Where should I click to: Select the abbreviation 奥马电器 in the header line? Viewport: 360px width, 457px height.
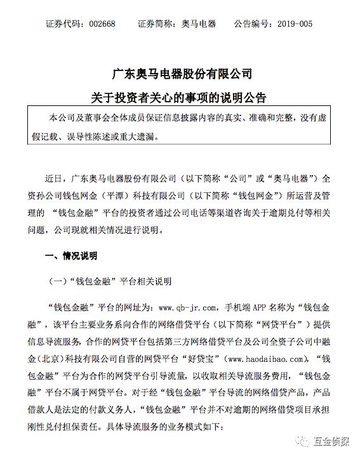coord(198,24)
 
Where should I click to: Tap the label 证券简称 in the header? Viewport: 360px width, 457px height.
coord(156,24)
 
